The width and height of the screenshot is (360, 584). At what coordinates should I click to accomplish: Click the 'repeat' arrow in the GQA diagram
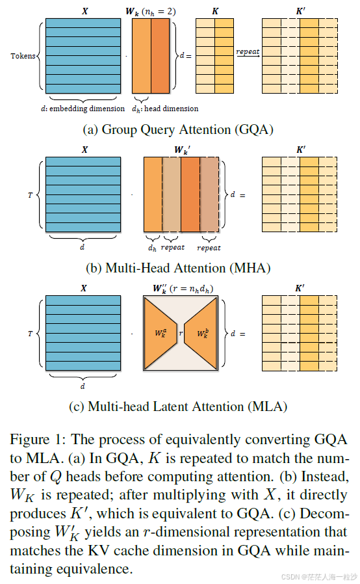coord(247,55)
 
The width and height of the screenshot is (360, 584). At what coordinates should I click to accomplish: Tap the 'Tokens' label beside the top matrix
coord(23,56)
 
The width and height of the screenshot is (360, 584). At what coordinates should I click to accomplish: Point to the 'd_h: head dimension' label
coord(165,108)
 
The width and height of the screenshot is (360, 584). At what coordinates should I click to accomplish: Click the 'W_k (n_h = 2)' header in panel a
coord(155,11)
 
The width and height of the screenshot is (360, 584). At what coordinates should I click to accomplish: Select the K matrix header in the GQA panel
coord(214,11)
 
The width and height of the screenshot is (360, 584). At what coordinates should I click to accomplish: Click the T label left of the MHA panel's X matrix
coord(30,194)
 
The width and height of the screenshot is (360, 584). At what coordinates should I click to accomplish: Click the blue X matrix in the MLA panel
coord(84,334)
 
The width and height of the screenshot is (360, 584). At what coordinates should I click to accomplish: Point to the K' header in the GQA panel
coord(300,11)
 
